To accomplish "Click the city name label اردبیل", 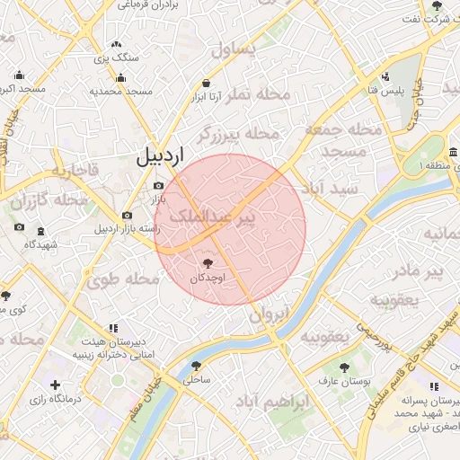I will (x=158, y=155).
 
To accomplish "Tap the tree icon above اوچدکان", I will (x=208, y=262).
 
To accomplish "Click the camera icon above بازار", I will (x=159, y=185).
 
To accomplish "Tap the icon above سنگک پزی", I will (x=116, y=43).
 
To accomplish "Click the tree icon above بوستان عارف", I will (x=345, y=367).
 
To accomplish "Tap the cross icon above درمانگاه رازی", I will (x=56, y=385).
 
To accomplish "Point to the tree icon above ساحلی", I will (x=196, y=365).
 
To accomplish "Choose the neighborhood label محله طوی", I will (x=123, y=279).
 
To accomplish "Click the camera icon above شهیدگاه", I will (x=20, y=226).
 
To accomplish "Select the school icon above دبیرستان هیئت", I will (x=112, y=328).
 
